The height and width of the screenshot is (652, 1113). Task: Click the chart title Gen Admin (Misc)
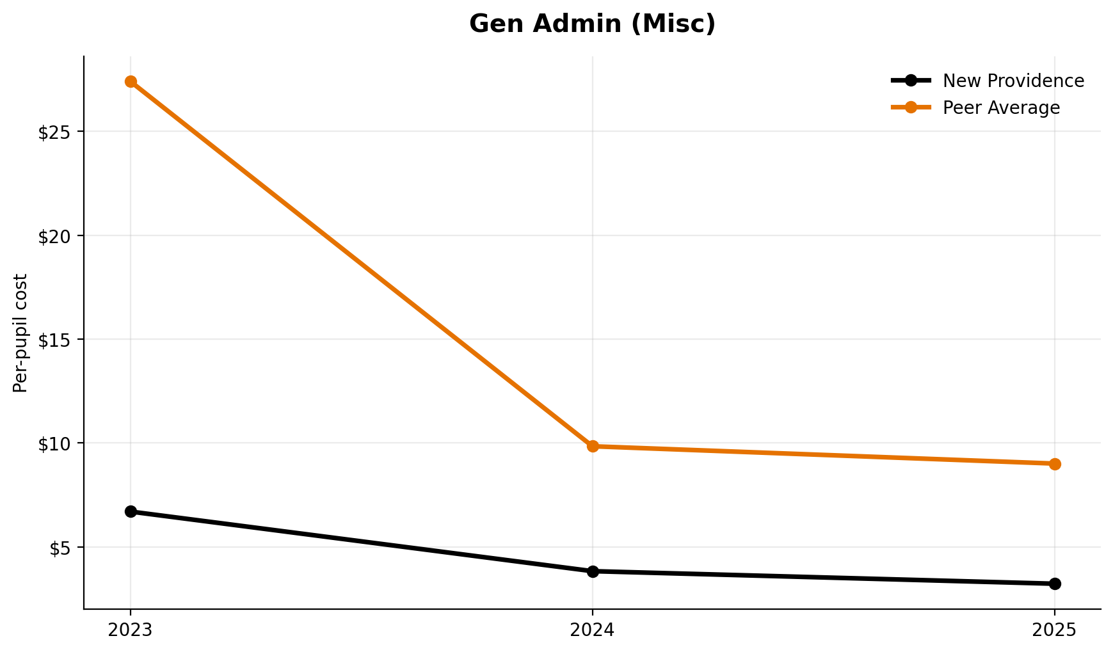(592, 24)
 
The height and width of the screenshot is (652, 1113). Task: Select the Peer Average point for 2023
(131, 81)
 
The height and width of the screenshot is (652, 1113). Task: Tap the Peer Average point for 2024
(593, 446)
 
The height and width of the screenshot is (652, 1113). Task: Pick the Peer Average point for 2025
(1055, 464)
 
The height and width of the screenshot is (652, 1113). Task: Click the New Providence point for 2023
(131, 511)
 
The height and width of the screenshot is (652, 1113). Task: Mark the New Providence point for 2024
(593, 571)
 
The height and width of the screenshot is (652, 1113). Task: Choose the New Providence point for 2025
(1055, 584)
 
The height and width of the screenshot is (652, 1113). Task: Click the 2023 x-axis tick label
(131, 630)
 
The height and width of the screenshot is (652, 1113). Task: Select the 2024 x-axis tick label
(593, 630)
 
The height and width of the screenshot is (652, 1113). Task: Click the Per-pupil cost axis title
(21, 333)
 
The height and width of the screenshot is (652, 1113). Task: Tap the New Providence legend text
(1013, 81)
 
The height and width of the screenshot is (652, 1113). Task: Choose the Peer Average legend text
(1001, 108)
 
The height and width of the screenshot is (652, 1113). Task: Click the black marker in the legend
(911, 81)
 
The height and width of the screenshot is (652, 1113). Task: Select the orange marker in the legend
(911, 107)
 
